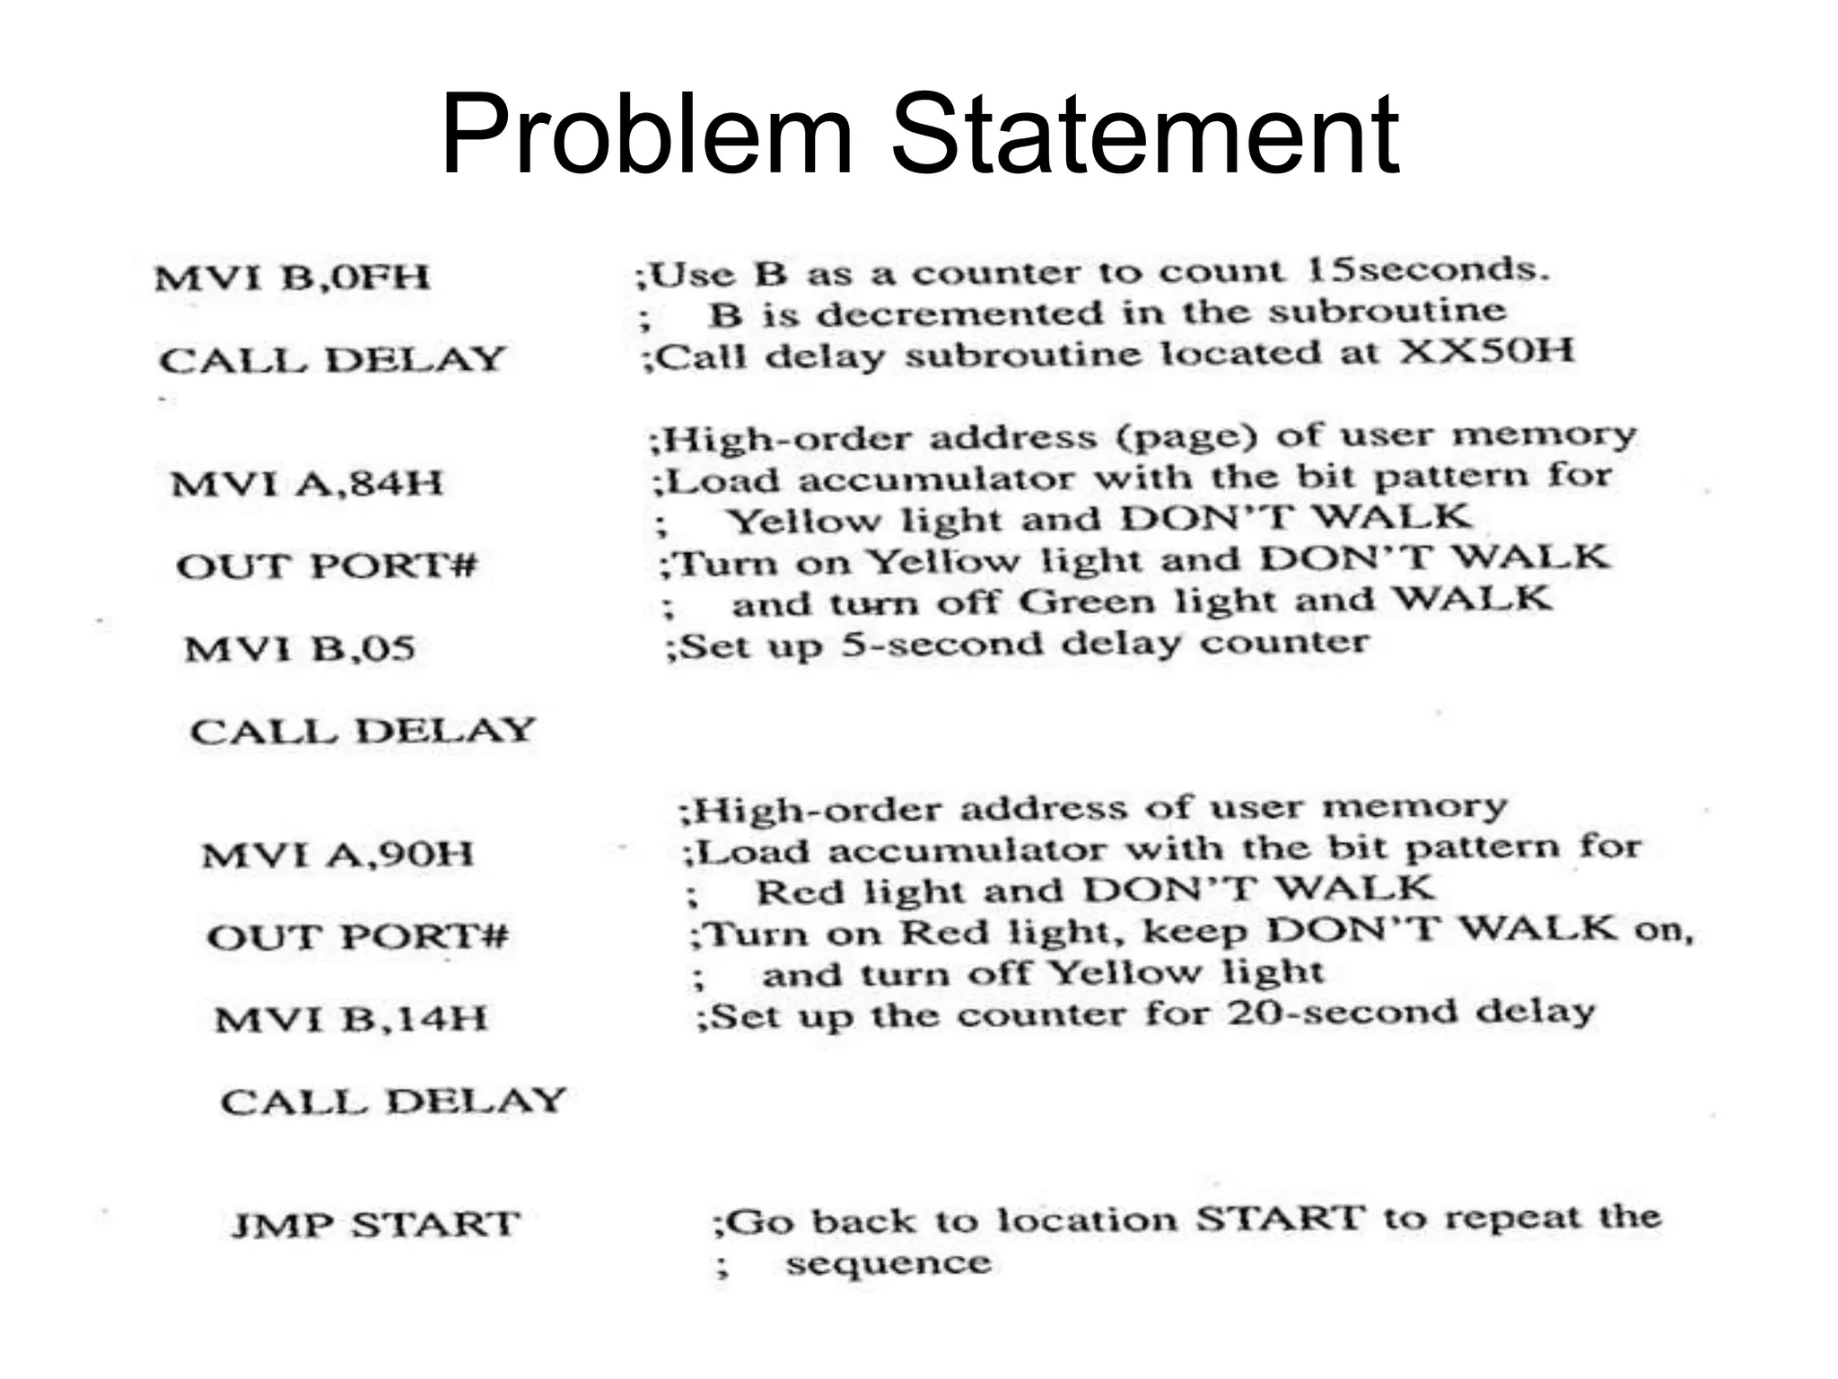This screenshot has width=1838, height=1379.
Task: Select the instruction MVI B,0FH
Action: coord(293,277)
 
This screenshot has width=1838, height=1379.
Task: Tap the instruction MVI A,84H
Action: coord(307,484)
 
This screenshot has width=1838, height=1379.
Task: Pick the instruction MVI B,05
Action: coord(300,648)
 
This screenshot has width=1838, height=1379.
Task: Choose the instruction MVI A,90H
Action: coord(337,854)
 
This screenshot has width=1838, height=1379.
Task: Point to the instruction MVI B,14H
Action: coord(351,1019)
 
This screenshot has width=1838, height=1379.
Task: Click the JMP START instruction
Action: coord(376,1225)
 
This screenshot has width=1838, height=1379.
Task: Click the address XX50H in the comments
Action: coord(1486,350)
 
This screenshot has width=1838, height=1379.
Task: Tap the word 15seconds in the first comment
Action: coord(1428,269)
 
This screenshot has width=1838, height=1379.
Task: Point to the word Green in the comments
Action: coord(1087,601)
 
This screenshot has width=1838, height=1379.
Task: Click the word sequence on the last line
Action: coord(888,1263)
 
